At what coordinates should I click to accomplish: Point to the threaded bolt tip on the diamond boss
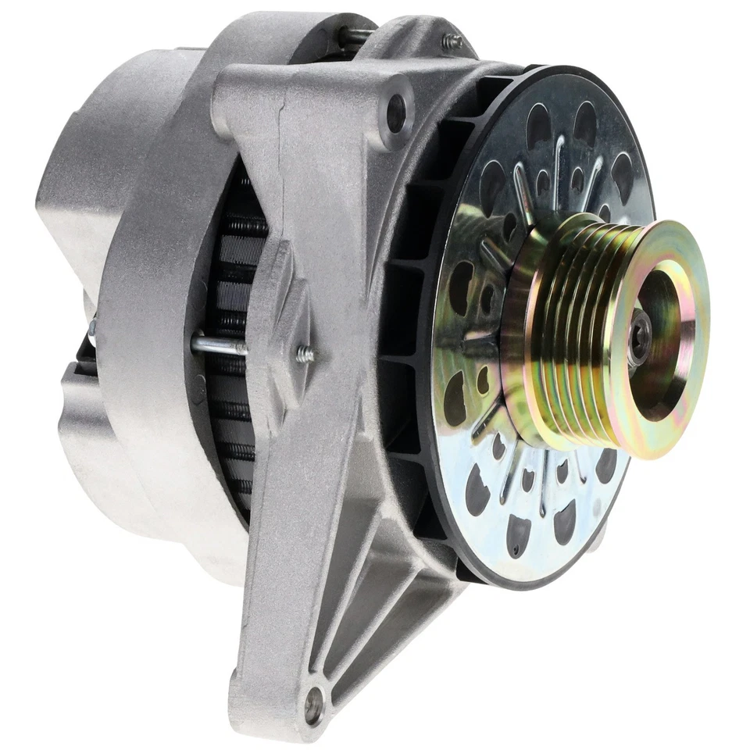[x=306, y=355]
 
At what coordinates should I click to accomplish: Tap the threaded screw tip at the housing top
[x=451, y=43]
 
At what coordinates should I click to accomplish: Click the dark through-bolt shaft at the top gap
[x=355, y=35]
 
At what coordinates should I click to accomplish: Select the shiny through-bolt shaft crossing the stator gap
[x=219, y=345]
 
